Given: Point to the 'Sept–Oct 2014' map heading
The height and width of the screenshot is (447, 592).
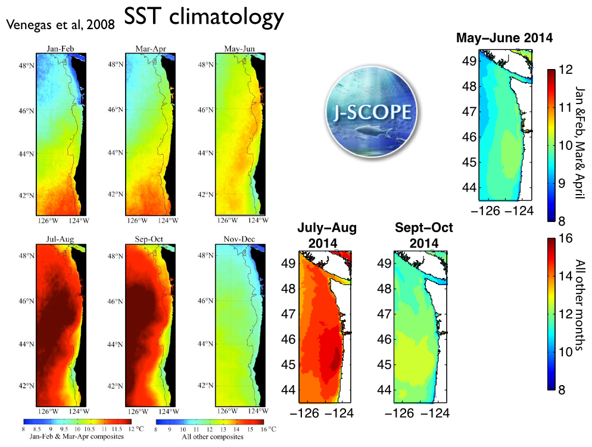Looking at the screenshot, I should (424, 236).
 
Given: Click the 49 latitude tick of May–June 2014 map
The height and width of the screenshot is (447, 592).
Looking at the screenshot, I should (469, 60).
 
